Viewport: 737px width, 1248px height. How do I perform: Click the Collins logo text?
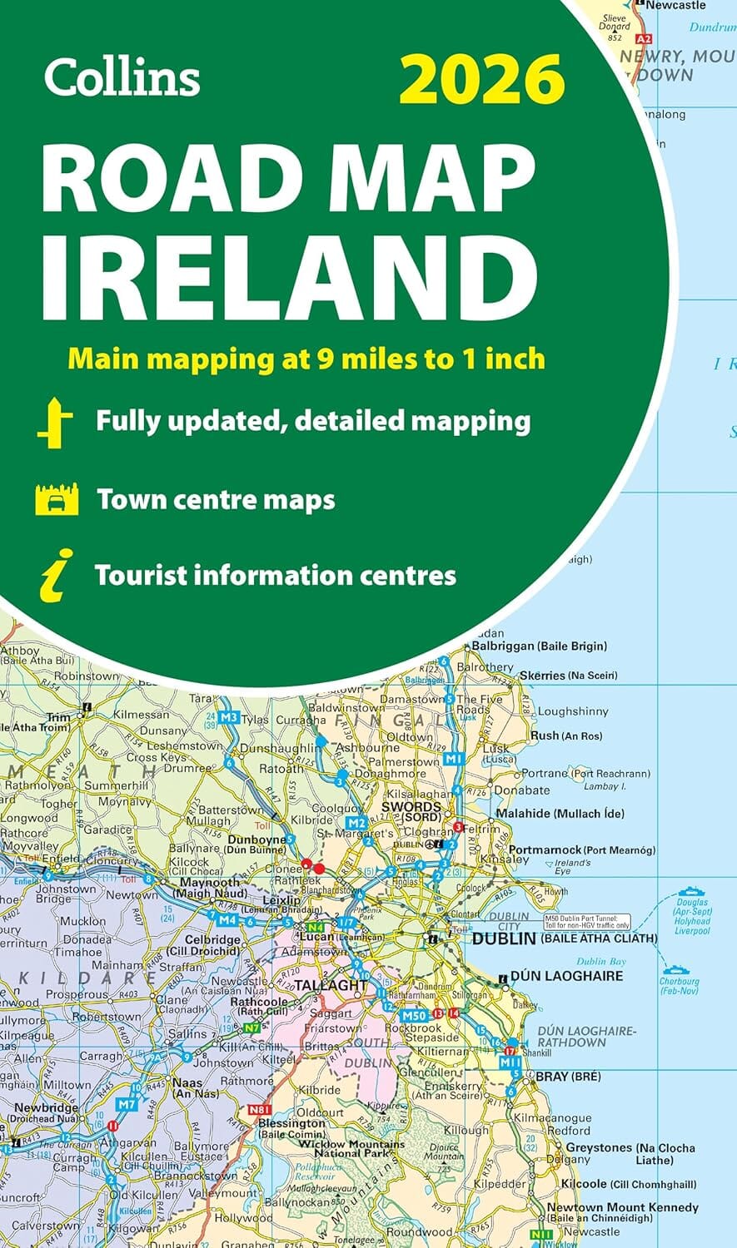(122, 77)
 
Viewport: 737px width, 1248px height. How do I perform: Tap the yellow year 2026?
(481, 78)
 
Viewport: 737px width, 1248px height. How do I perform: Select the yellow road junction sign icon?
(55, 422)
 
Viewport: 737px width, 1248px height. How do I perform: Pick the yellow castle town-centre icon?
(57, 499)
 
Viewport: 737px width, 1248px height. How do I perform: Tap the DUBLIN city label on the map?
(503, 938)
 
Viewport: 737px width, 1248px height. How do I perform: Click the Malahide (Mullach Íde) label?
(560, 813)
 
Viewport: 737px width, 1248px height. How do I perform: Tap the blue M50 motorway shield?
(414, 1016)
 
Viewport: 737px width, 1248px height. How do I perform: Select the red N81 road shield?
(261, 1109)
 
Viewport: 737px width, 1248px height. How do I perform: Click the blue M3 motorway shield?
(229, 716)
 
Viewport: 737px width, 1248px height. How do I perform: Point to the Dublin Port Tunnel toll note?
(587, 922)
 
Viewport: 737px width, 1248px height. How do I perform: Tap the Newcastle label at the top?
(675, 5)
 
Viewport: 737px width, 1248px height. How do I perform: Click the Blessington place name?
(291, 1123)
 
